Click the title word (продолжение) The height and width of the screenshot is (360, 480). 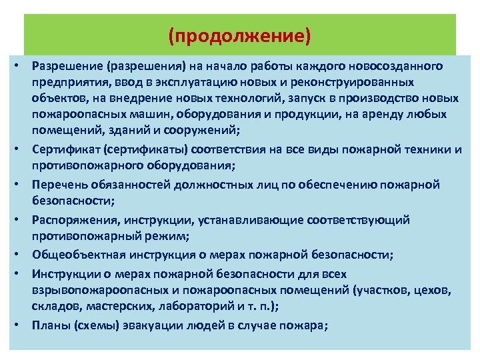pyautogui.click(x=240, y=35)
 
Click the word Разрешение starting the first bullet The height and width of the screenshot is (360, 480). pyautogui.click(x=63, y=67)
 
